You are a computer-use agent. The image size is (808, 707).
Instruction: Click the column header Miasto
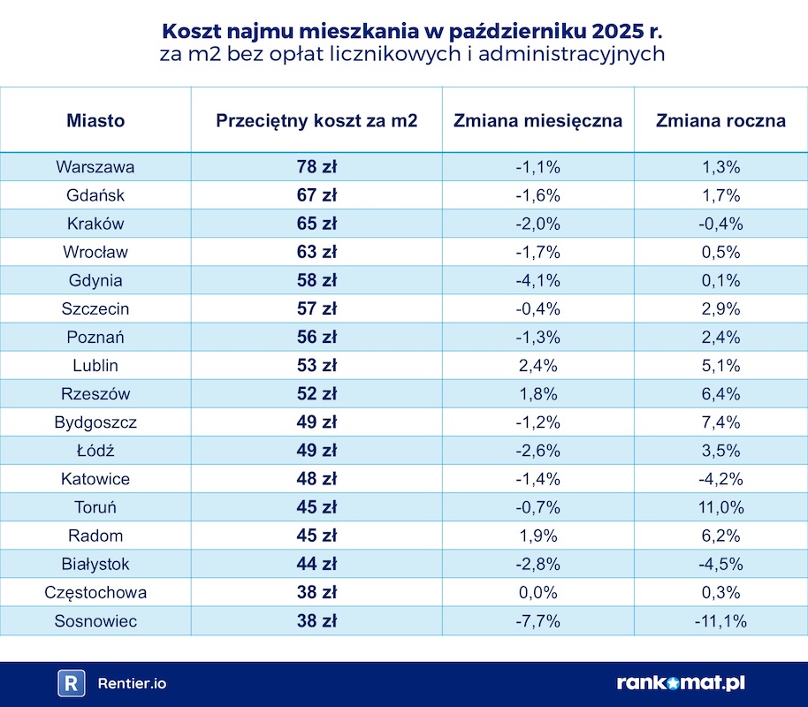click(95, 120)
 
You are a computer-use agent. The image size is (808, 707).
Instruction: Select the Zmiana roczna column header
click(720, 120)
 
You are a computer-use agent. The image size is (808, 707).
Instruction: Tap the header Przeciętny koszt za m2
click(316, 120)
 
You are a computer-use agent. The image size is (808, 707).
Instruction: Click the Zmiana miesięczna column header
click(538, 120)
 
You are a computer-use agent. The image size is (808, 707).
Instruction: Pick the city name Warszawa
click(95, 166)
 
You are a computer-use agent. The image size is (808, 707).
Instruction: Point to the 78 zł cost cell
click(316, 166)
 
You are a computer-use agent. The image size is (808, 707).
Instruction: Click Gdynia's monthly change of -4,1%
click(538, 280)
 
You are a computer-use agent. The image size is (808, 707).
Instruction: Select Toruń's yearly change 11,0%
click(720, 507)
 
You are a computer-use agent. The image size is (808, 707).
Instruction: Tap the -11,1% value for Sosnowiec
click(720, 621)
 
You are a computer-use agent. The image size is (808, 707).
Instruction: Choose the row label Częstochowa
click(95, 593)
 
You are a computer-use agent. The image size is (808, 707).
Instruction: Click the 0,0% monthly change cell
click(538, 593)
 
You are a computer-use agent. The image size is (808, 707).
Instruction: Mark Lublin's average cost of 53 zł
click(316, 365)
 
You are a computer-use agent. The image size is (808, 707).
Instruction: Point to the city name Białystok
click(95, 564)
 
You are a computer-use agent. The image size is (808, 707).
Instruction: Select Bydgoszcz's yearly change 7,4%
click(720, 422)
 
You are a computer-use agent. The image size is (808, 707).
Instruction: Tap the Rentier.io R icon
click(71, 683)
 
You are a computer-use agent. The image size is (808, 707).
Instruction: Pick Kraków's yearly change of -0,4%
click(720, 224)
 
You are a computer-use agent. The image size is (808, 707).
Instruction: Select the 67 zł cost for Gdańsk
click(316, 194)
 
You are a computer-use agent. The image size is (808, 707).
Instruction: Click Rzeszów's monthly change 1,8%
click(538, 394)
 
